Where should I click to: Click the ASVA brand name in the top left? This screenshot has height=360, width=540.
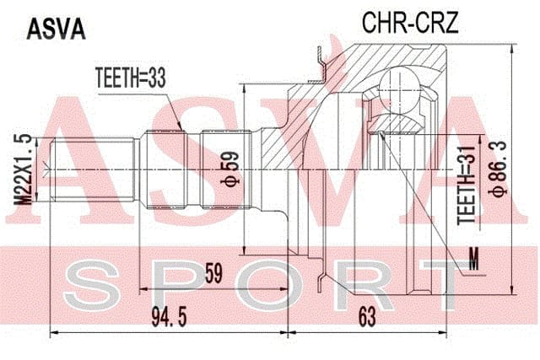click(56, 30)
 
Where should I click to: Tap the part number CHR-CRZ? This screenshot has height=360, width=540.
click(410, 23)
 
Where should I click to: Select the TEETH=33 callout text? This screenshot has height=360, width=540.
click(130, 78)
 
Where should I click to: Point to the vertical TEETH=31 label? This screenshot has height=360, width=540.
click(466, 185)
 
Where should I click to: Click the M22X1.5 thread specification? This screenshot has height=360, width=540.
click(24, 169)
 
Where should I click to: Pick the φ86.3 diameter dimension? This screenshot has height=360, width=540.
click(499, 169)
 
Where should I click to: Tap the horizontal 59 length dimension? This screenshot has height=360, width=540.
click(213, 273)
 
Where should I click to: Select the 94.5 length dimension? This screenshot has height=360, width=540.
click(169, 317)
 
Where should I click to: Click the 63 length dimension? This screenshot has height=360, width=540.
click(367, 317)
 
